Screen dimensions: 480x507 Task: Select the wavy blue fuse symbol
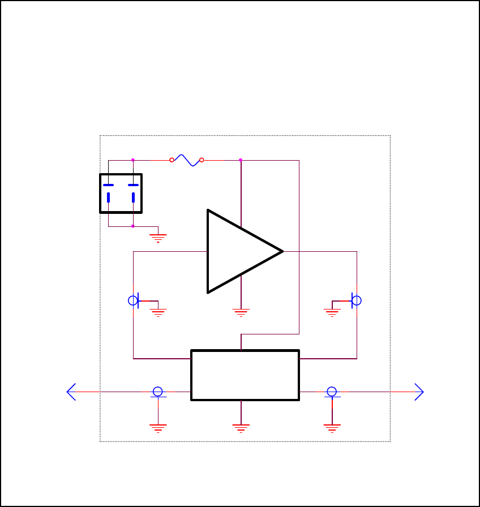tap(187, 160)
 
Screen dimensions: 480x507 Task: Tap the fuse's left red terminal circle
tap(172, 160)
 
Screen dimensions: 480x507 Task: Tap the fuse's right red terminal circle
tap(202, 160)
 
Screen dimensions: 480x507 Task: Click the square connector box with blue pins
tap(121, 194)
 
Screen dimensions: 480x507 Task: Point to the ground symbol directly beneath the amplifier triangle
tap(241, 312)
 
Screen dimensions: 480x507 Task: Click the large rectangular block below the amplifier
tap(245, 375)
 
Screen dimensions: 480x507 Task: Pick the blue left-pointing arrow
tap(71, 392)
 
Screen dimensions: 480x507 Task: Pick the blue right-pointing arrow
tap(419, 392)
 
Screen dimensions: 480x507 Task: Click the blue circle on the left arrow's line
tap(158, 392)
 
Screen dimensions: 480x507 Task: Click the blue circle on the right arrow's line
tap(332, 392)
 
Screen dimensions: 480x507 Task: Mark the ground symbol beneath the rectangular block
tap(241, 428)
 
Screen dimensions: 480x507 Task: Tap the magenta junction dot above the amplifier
tap(241, 160)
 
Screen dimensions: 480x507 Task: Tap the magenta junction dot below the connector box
tap(133, 226)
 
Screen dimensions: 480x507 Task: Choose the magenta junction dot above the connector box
tap(133, 160)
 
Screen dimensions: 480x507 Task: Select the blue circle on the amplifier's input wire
tap(133, 300)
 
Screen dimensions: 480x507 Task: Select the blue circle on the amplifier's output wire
tap(357, 300)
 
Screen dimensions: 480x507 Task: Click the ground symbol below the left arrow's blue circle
tap(158, 427)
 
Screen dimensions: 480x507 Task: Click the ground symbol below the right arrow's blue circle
tap(332, 427)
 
